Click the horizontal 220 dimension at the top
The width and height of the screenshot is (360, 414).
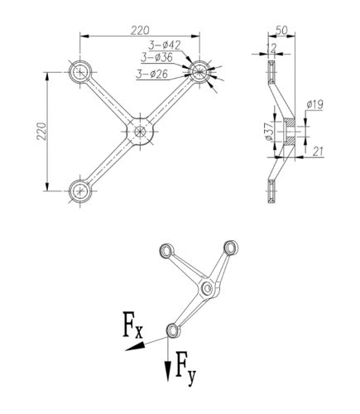(140, 31)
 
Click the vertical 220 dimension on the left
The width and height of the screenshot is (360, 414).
(42, 131)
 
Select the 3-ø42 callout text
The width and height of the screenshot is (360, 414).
(165, 45)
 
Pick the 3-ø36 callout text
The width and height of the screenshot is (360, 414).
(156, 57)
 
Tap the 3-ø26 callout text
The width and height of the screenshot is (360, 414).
(152, 74)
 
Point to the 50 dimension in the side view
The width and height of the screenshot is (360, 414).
(281, 31)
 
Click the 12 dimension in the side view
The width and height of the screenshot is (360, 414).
(271, 48)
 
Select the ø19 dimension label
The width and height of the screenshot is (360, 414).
(314, 104)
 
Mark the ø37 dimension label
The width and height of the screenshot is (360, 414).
(269, 132)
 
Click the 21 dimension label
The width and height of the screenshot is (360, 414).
(318, 152)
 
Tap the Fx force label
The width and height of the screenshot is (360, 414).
(133, 325)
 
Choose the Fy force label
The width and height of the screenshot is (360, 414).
(185, 368)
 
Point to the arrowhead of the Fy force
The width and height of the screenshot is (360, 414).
(168, 372)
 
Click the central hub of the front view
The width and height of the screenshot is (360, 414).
(140, 132)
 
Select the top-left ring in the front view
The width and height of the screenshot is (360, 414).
(80, 72)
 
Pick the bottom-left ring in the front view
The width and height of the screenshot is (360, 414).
(80, 190)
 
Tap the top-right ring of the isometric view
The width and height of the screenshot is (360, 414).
(231, 248)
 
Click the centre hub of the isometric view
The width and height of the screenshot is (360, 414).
(208, 288)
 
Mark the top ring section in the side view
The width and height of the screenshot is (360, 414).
(271, 72)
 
